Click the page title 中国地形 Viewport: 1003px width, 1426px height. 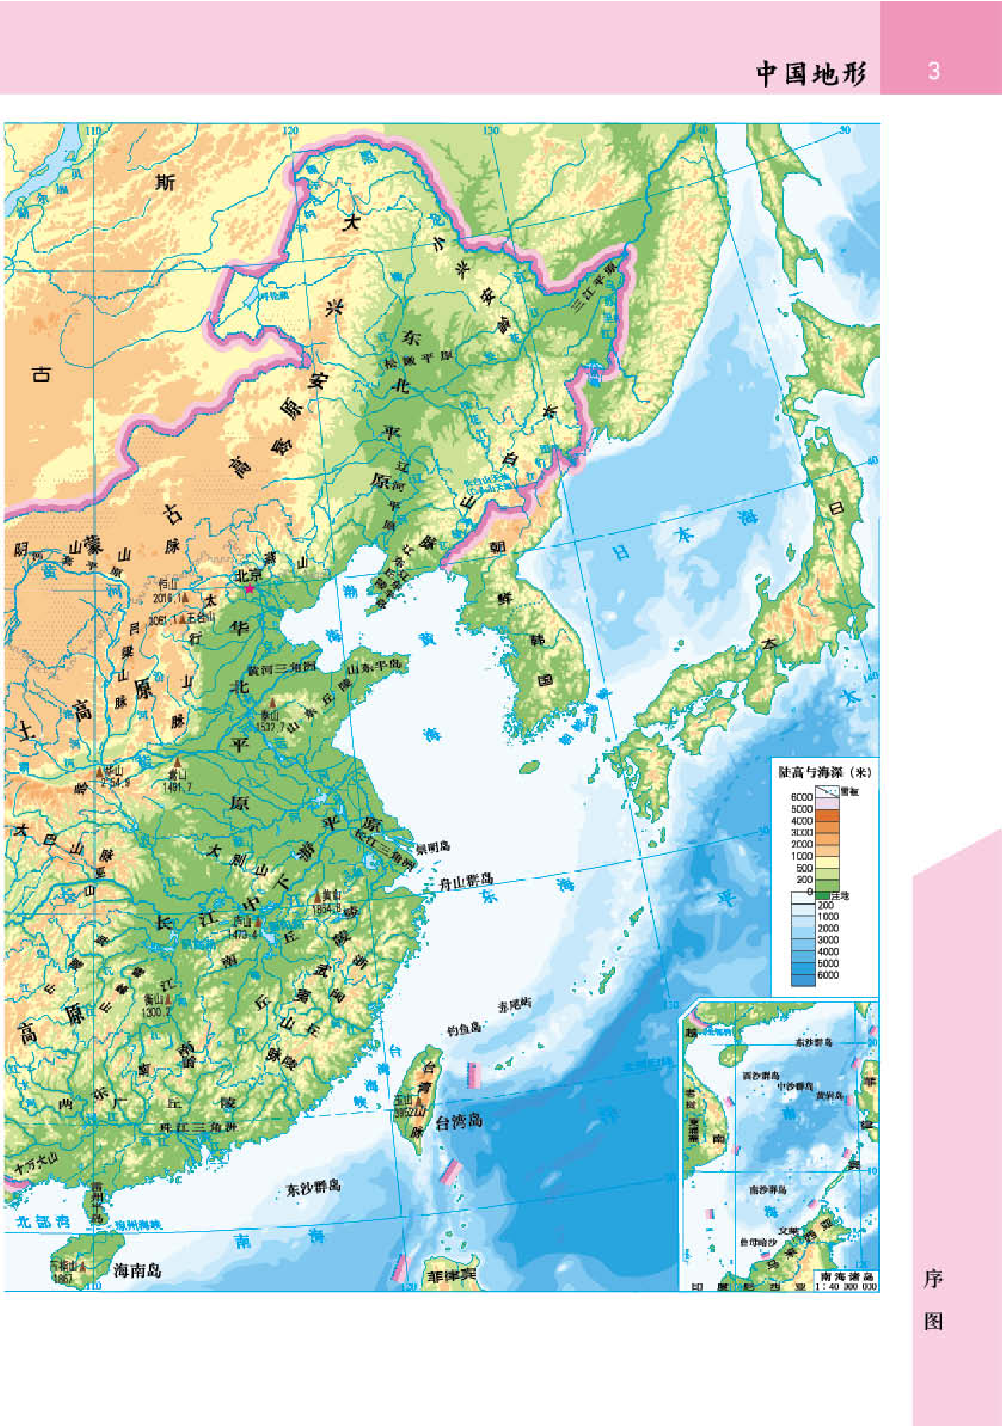(x=810, y=73)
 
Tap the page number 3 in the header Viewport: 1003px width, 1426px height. (x=934, y=72)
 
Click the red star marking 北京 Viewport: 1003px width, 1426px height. (x=249, y=588)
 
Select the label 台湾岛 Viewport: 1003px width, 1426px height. (x=459, y=1122)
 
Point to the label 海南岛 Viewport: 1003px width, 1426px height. (x=137, y=1270)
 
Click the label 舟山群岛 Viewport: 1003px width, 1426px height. (x=466, y=881)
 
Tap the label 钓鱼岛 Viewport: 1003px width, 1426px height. (x=464, y=1028)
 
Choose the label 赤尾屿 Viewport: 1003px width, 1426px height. (x=514, y=1005)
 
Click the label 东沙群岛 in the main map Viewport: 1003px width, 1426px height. (x=313, y=1188)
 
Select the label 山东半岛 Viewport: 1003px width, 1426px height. (x=374, y=666)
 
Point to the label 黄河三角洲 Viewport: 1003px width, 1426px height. (x=281, y=668)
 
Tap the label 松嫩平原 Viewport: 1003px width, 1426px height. (x=418, y=358)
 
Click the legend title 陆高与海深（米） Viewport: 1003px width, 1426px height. (x=825, y=772)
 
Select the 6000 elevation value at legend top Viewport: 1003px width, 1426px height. (x=801, y=797)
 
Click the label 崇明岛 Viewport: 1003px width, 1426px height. (x=433, y=847)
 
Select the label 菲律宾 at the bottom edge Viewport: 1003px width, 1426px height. (x=452, y=1275)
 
